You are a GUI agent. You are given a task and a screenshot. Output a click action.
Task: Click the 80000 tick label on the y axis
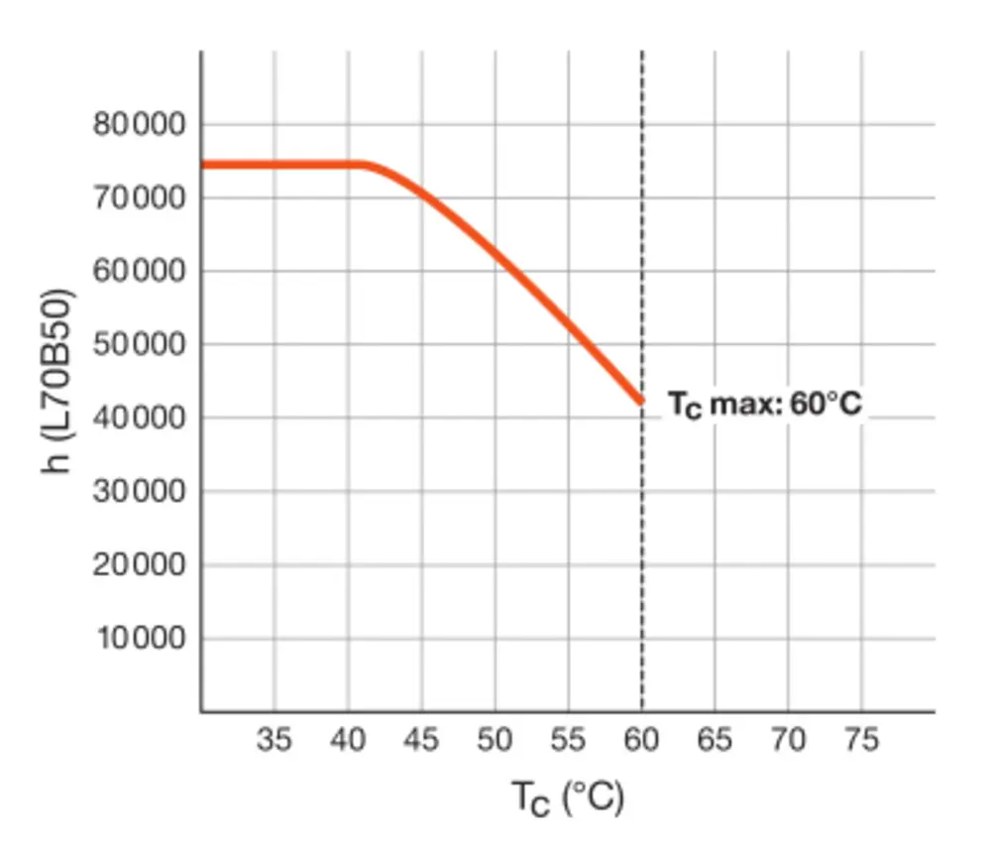tap(139, 125)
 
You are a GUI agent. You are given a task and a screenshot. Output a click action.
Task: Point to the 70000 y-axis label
tap(139, 198)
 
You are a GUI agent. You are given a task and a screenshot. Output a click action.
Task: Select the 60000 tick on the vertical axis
tap(139, 272)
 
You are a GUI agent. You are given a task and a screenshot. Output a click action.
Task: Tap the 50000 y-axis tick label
tap(139, 345)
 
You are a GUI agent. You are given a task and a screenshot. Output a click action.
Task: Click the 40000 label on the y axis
tap(139, 419)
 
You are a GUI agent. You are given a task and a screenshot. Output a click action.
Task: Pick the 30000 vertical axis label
tap(139, 492)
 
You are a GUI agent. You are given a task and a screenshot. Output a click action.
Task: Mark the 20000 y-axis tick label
tap(139, 565)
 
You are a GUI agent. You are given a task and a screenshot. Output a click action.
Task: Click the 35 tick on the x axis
tap(275, 740)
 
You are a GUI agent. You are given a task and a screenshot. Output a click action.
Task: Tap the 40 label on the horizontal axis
tap(348, 740)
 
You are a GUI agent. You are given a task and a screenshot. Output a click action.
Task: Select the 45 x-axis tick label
tap(421, 740)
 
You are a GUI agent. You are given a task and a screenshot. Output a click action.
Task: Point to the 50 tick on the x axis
tap(495, 740)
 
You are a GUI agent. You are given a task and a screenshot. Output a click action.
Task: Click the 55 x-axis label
tap(568, 740)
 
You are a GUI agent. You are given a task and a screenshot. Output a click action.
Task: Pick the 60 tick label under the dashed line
tap(641, 740)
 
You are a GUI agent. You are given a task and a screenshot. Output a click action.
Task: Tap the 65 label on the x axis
tap(715, 740)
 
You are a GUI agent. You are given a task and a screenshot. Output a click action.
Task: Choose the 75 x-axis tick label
tap(861, 740)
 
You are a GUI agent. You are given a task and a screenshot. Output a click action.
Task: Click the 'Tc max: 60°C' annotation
tap(764, 406)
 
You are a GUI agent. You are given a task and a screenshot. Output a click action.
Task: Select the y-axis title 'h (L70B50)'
tap(60, 380)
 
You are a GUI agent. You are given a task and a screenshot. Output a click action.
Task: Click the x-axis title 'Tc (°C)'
tap(568, 797)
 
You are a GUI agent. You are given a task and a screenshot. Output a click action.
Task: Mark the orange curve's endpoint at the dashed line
tap(640, 402)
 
